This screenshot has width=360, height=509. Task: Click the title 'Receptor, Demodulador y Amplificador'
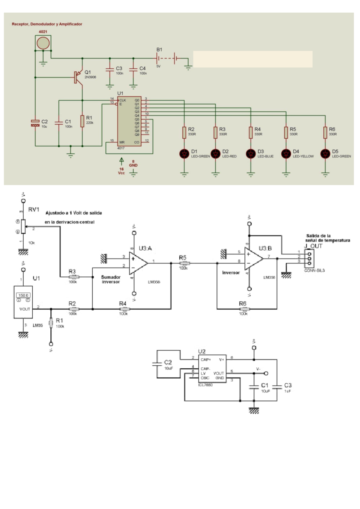47,24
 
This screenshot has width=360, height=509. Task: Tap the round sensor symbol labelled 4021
43,43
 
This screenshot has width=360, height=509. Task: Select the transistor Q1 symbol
77,77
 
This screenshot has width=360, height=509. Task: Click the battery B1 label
159,50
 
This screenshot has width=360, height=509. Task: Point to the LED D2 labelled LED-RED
215,154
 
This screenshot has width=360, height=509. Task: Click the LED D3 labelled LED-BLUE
250,154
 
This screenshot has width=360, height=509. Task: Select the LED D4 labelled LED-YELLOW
286,154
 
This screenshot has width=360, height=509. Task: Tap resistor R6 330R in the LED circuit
325,132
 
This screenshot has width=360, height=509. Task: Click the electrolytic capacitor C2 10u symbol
35,123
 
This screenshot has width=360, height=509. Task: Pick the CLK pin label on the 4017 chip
123,100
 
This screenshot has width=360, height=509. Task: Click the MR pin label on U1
122,142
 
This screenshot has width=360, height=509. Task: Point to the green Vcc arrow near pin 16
121,162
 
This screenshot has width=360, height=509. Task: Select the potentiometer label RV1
34,209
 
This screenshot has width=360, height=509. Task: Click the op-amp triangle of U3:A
137,263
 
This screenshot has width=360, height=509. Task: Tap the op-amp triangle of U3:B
253,258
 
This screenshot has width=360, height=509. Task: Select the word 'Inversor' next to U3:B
231,273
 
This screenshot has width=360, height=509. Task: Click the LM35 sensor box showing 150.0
23,302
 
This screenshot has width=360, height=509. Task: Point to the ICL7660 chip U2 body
212,369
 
